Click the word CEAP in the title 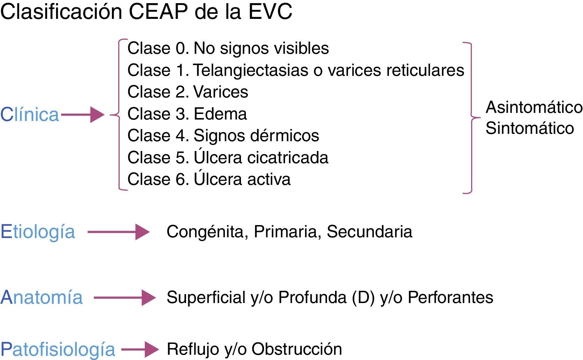point(158,12)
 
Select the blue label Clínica point(29,114)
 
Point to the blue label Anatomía point(41,297)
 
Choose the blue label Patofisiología point(58,350)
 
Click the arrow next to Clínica point(83,114)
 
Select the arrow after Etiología point(119,232)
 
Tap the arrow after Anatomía point(125,297)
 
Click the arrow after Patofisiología point(140,350)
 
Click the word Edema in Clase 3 point(220,114)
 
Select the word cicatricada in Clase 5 point(287,158)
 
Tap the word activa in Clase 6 point(269,180)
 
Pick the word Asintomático point(534,107)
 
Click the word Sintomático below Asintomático point(530,128)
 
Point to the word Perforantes point(450,297)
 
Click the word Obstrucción point(297,349)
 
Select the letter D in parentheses point(363,297)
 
